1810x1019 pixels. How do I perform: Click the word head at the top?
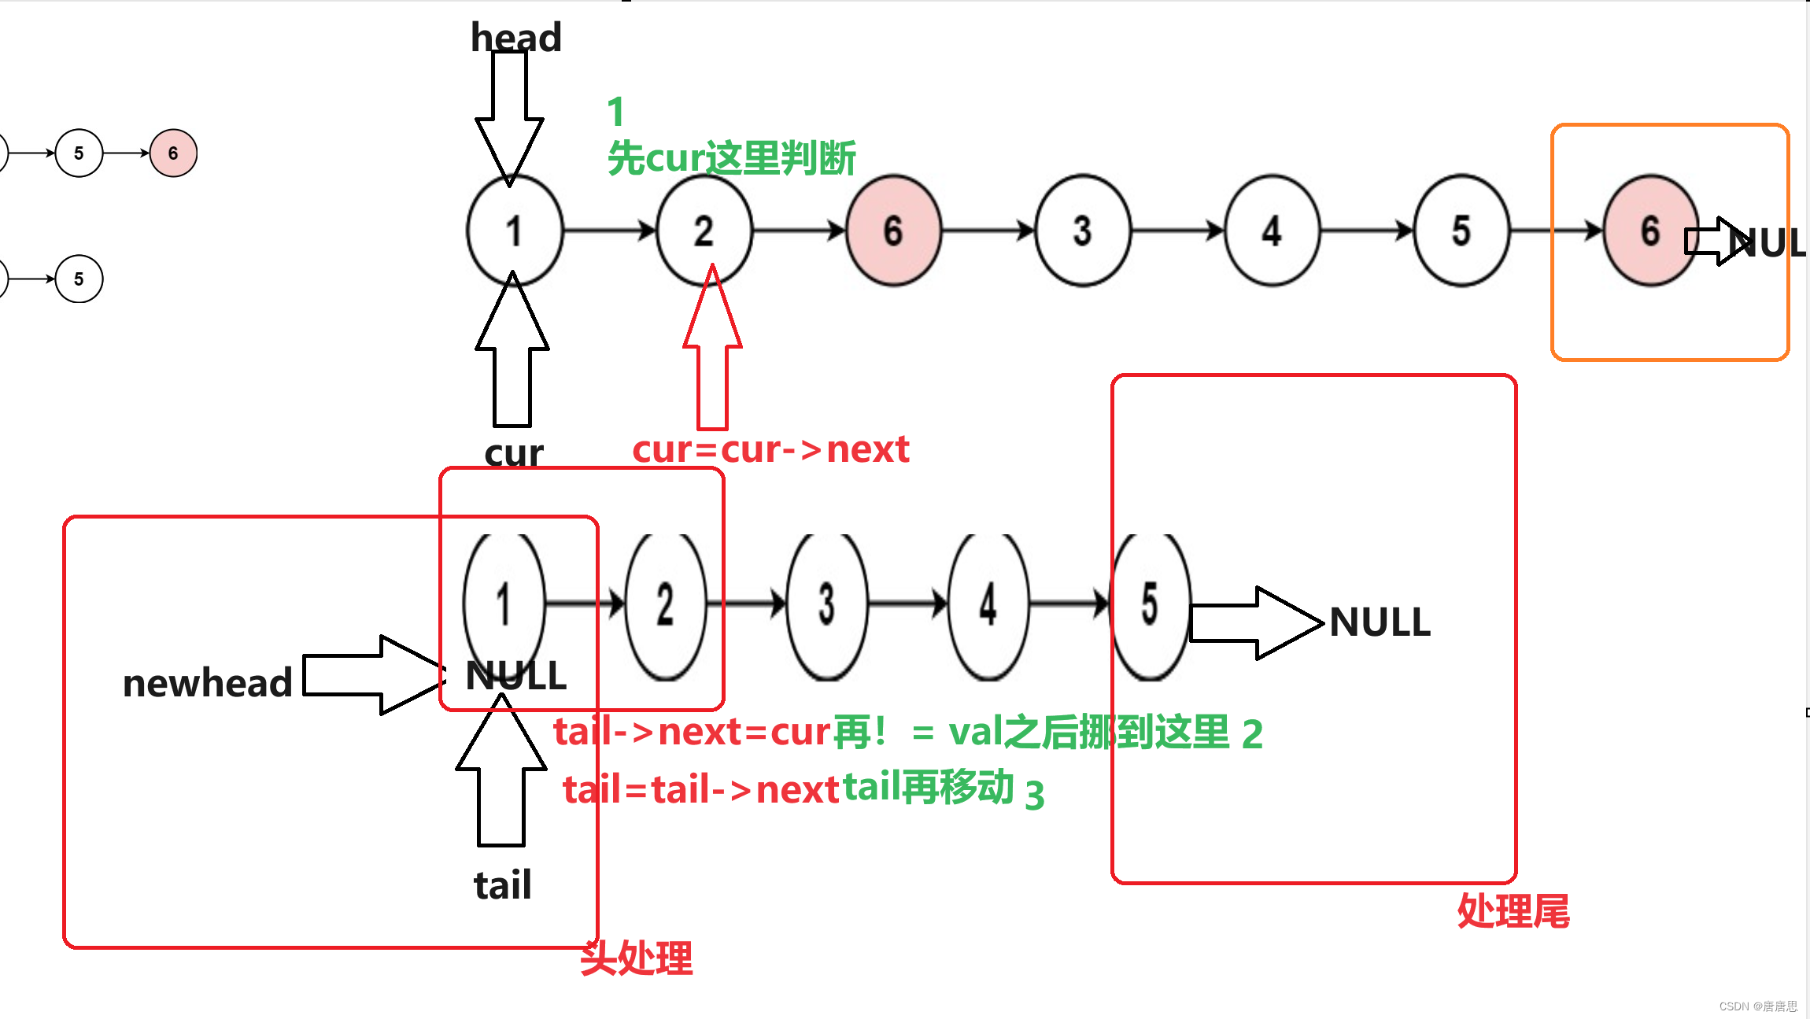tap(515, 37)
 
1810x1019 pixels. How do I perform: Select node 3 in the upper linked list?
tap(1082, 231)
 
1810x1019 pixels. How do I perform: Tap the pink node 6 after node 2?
tap(893, 231)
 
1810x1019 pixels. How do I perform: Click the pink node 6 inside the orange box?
tap(1649, 231)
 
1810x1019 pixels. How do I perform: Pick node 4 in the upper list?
tap(1272, 231)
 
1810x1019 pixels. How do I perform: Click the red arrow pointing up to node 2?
tap(712, 354)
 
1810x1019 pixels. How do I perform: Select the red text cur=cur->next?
tap(770, 449)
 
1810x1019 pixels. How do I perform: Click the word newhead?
tap(208, 682)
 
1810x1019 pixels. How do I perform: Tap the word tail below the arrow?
tap(502, 884)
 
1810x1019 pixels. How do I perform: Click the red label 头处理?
tap(636, 958)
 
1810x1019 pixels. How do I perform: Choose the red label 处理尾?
tap(1513, 910)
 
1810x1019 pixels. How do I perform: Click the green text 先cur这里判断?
tap(731, 158)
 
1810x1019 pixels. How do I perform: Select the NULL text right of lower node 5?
tap(1380, 622)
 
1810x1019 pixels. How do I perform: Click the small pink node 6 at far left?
tap(173, 153)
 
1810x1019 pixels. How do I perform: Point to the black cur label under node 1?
tap(513, 452)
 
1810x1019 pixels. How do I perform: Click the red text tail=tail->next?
tap(700, 789)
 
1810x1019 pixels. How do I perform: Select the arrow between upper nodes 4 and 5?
tap(1367, 231)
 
